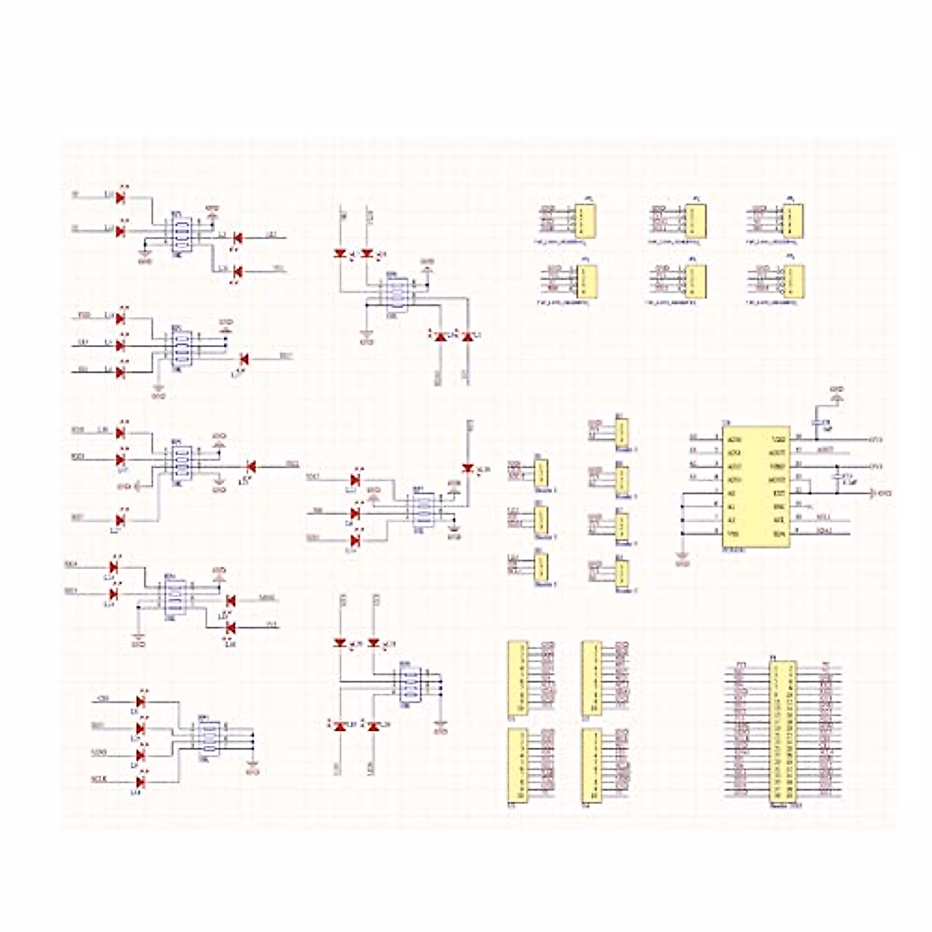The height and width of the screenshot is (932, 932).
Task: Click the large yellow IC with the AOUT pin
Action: [756, 485]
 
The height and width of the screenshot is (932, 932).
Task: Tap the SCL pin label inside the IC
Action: [779, 520]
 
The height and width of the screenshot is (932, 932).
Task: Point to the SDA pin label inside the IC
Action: [779, 533]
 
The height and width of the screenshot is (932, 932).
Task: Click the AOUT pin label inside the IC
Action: [779, 451]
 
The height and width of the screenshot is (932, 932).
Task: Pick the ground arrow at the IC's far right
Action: [873, 493]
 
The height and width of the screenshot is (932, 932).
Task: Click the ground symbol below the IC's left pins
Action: [683, 556]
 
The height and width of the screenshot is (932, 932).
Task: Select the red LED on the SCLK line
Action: [141, 781]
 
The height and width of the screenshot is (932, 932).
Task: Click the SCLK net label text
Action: [99, 779]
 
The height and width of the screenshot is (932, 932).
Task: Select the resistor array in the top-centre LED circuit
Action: [397, 296]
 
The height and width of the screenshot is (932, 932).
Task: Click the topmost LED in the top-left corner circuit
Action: [120, 197]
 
